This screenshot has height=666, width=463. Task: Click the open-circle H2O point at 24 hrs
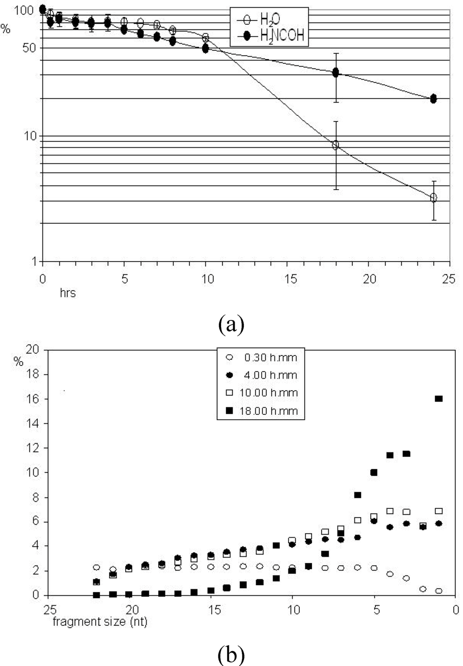click(x=434, y=198)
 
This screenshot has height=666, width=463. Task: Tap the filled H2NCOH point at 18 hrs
click(x=335, y=73)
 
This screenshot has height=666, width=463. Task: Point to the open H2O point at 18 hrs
click(x=335, y=145)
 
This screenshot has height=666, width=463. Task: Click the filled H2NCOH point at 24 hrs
click(x=433, y=98)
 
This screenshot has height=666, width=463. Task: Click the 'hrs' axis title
click(x=68, y=293)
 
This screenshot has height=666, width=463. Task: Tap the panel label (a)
click(x=231, y=324)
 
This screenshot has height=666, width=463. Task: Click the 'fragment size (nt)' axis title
click(x=100, y=622)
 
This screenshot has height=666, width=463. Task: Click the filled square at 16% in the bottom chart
click(x=439, y=399)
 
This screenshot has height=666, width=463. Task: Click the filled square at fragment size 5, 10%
click(x=374, y=473)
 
